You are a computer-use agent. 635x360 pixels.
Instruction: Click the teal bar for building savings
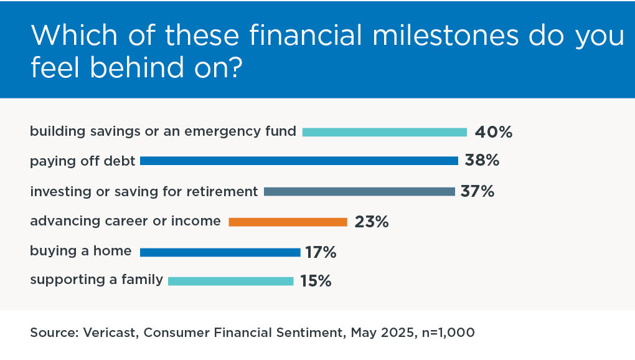[x=384, y=132]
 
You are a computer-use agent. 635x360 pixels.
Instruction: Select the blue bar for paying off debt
[x=299, y=161]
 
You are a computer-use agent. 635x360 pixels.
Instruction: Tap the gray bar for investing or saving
[x=359, y=192]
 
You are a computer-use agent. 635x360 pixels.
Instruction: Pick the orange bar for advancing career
[x=288, y=222]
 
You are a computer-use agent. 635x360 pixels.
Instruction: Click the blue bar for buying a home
[x=220, y=252]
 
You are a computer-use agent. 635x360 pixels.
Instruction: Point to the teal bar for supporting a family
[x=231, y=281]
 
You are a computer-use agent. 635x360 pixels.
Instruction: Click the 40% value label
[x=493, y=132]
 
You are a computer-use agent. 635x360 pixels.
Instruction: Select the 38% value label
[x=482, y=160]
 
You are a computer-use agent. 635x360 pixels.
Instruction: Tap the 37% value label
[x=477, y=191]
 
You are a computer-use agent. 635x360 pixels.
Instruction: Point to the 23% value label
[x=372, y=222]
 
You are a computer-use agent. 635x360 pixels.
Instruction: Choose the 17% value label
[x=321, y=252]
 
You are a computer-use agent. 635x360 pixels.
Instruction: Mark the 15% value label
[x=316, y=281]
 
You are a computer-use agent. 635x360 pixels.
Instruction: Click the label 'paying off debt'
[x=83, y=161]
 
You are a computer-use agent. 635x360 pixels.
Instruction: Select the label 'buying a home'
[x=80, y=251]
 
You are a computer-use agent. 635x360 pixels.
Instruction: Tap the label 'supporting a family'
[x=96, y=280]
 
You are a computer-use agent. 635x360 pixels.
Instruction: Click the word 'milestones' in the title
[x=445, y=35]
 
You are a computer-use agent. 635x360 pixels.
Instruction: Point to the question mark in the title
[x=235, y=67]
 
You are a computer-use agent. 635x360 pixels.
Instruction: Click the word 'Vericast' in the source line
[x=110, y=333]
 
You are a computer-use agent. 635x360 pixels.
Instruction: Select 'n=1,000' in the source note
[x=448, y=333]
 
